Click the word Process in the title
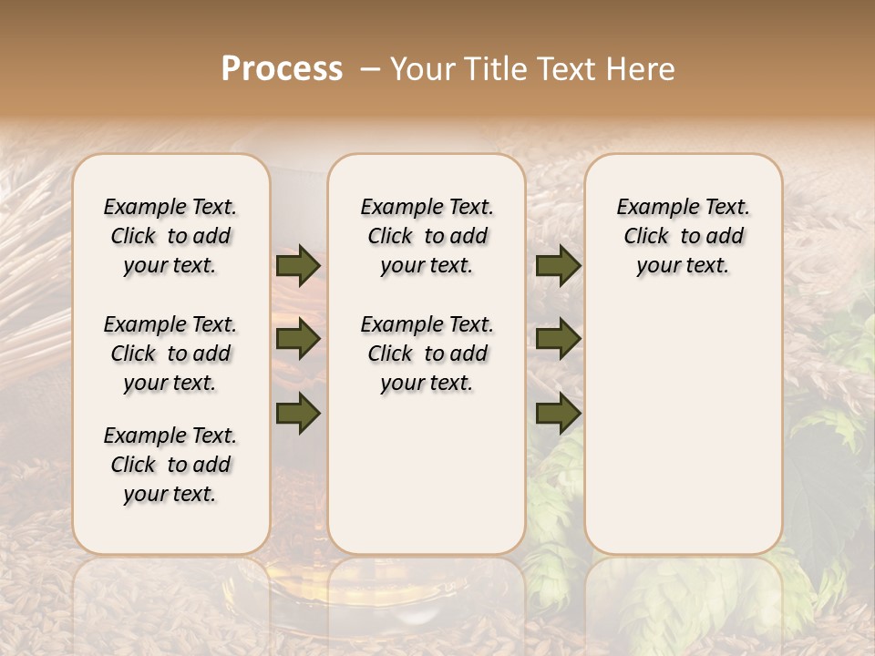click(282, 68)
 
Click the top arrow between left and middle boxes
click(298, 265)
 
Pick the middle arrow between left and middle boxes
click(298, 339)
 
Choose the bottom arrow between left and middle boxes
click(298, 413)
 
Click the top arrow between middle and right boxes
click(558, 265)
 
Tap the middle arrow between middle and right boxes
click(558, 339)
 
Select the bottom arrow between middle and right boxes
click(558, 413)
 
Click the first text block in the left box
click(170, 236)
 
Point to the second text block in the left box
click(170, 354)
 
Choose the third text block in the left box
click(170, 465)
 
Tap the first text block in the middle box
click(427, 236)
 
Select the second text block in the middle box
click(427, 354)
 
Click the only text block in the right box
click(683, 236)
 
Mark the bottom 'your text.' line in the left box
click(170, 494)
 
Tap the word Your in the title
click(421, 68)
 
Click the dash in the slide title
click(369, 68)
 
